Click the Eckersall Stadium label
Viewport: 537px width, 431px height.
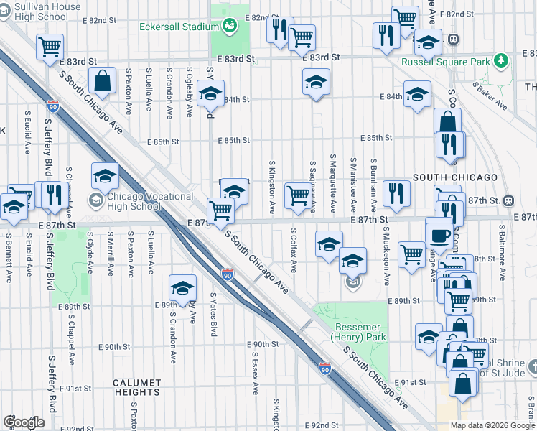click(179, 27)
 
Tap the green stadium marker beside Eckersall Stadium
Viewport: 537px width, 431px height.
click(230, 27)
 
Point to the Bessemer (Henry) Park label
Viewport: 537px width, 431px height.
click(361, 331)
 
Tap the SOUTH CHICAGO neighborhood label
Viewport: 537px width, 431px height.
click(454, 177)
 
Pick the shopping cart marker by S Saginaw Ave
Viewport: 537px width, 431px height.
click(298, 195)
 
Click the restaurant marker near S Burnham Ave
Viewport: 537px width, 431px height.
click(396, 192)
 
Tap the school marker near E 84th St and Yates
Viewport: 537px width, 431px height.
click(210, 94)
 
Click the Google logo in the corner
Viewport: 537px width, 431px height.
click(24, 422)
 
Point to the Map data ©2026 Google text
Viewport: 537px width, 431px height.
click(492, 425)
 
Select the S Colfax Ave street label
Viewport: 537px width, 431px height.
click(294, 251)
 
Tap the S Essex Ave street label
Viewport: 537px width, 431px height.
click(255, 372)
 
